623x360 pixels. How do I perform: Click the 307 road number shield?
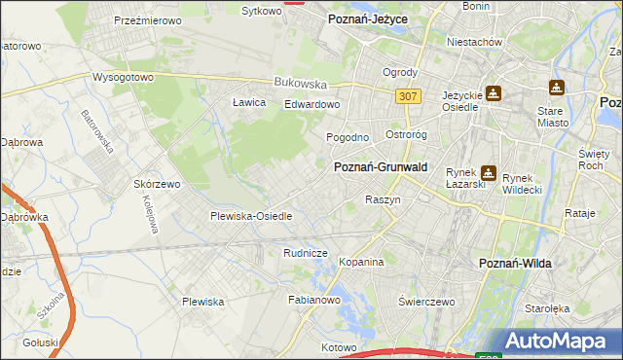tap(409, 96)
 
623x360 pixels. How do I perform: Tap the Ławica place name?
tap(249, 101)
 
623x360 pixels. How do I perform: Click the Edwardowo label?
tap(311, 104)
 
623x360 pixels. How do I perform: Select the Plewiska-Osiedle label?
tap(251, 216)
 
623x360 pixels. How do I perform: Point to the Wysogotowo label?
tap(124, 77)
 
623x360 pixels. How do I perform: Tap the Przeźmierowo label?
tap(143, 19)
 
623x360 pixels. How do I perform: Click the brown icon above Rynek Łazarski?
tap(488, 174)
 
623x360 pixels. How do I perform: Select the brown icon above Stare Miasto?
tap(557, 88)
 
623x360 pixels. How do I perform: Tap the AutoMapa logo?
tap(563, 342)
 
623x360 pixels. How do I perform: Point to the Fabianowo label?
tap(312, 301)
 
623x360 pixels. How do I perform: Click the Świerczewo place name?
tap(426, 302)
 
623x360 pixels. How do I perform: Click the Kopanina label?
tap(361, 262)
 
